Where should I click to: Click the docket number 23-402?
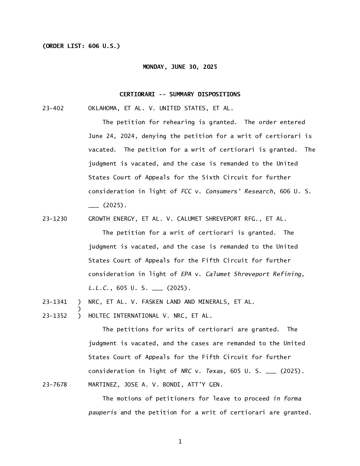pyautogui.click(x=53, y=108)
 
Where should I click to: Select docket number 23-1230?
pyautogui.click(x=55, y=219)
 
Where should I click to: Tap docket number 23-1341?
pyautogui.click(x=55, y=302)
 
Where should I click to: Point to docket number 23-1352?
pyautogui.click(x=55, y=316)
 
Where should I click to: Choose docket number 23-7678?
pyautogui.click(x=55, y=385)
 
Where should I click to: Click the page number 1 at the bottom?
pyautogui.click(x=180, y=442)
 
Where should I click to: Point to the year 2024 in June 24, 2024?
pyautogui.click(x=120, y=136)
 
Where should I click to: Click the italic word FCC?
pyautogui.click(x=186, y=191)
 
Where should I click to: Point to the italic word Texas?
pyautogui.click(x=214, y=371)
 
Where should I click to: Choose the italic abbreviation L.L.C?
pyautogui.click(x=99, y=288)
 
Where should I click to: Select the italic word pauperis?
pyautogui.click(x=102, y=413)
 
